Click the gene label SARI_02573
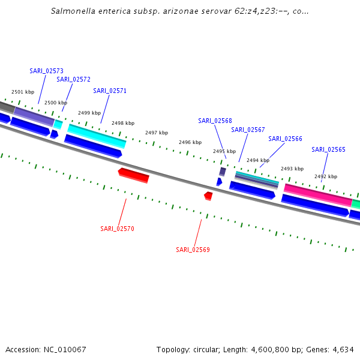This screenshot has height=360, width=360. click(46, 71)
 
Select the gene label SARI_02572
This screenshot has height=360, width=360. click(73, 79)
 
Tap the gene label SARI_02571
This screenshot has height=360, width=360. click(110, 91)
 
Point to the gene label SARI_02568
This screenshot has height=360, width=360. click(215, 121)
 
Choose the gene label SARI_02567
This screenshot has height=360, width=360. click(248, 130)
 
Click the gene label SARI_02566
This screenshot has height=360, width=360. click(285, 139)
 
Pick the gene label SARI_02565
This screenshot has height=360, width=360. click(328, 149)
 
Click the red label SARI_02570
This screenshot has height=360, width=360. click(117, 229)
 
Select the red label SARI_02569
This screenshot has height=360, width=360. click(193, 250)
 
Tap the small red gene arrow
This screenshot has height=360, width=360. click(208, 196)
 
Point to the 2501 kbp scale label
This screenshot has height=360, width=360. click(23, 92)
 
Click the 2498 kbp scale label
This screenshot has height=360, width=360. click(123, 123)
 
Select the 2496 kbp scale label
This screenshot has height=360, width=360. click(190, 142)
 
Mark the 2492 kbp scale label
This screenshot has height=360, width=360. click(326, 176)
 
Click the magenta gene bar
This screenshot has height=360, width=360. click(317, 194)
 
